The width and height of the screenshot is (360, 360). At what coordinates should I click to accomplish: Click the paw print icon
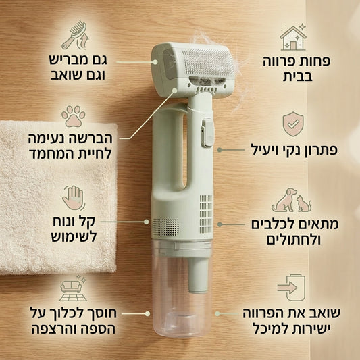tap(73, 115)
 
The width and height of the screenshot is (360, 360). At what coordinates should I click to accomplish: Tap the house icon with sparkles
tap(293, 38)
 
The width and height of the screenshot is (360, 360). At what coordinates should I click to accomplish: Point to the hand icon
tap(73, 199)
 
